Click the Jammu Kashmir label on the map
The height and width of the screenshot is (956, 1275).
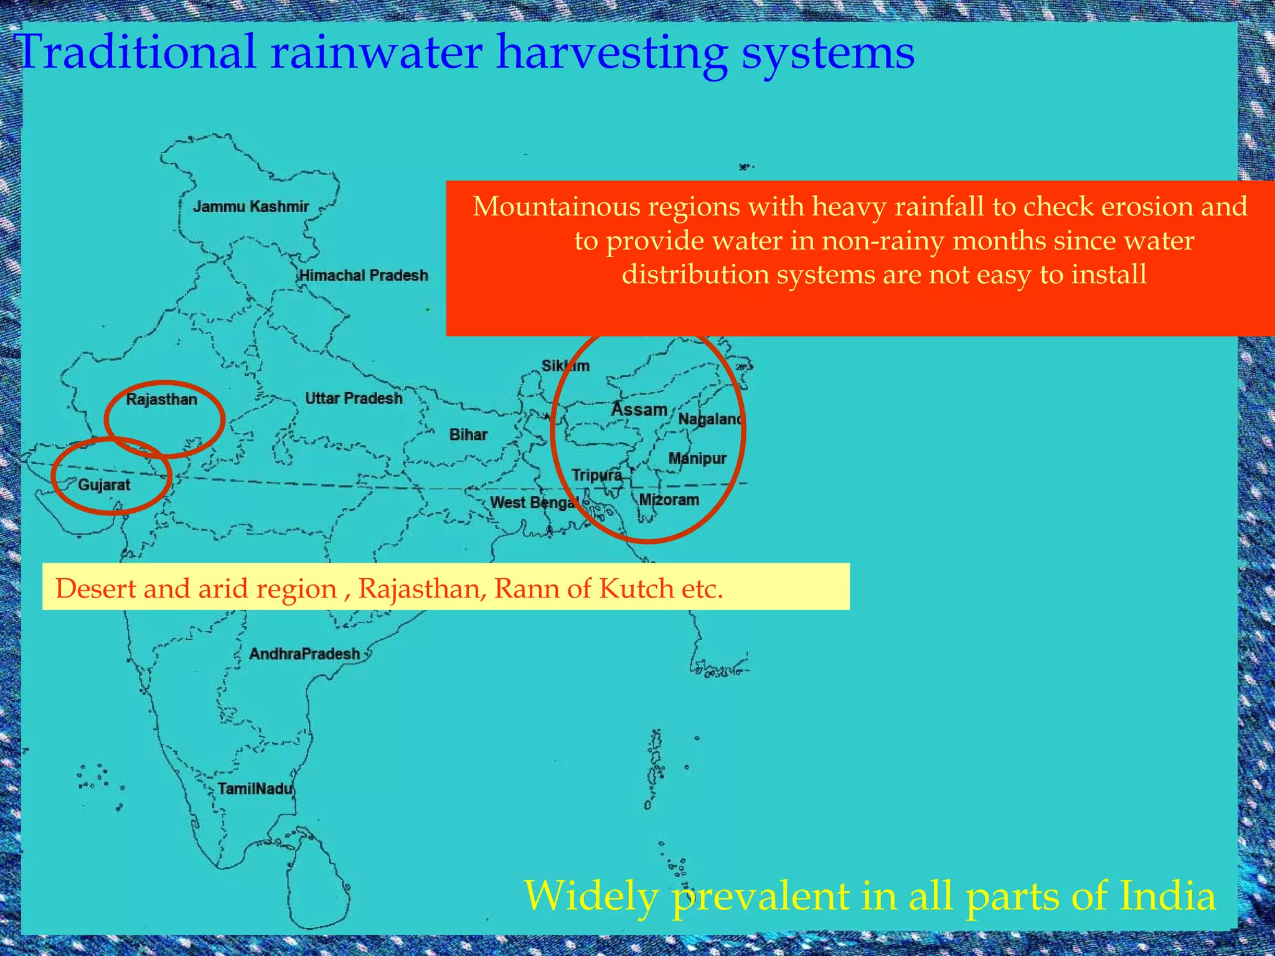point(251,207)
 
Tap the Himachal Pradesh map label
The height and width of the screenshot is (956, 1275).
point(364,275)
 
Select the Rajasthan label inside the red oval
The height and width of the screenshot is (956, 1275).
point(161,400)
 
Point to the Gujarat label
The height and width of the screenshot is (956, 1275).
point(104,485)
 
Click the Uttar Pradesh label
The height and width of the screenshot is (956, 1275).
point(354,398)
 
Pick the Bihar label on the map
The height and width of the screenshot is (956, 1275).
point(468,434)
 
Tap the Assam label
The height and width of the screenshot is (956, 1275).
point(639,410)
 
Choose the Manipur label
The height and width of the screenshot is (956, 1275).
point(697,459)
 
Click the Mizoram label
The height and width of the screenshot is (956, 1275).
point(669,500)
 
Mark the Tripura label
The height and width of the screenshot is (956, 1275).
point(596,476)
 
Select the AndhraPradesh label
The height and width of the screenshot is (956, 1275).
point(304,654)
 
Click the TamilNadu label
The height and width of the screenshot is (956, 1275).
point(255,789)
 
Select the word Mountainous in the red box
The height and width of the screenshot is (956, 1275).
point(556,207)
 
